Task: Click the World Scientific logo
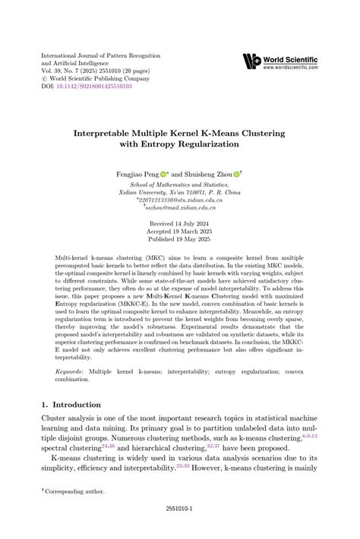251,61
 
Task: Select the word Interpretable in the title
109,134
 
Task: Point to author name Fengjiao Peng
137,174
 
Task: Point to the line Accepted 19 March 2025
179,233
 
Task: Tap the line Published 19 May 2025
179,241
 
